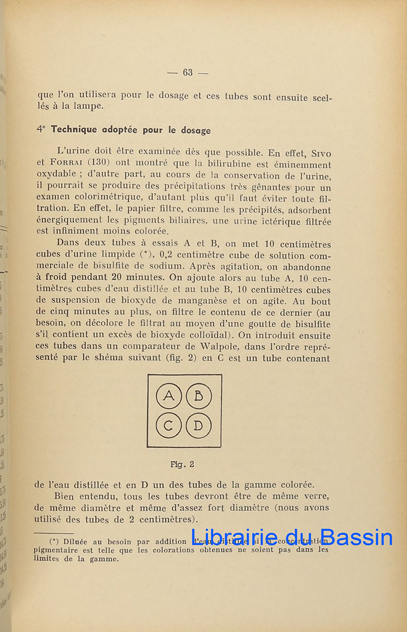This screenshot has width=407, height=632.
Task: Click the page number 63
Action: (x=188, y=73)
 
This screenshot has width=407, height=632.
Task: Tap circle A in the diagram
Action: (x=169, y=396)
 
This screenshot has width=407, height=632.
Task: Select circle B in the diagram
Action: (x=199, y=396)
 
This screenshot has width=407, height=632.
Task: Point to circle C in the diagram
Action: (x=169, y=426)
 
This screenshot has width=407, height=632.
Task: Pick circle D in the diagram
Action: (x=199, y=426)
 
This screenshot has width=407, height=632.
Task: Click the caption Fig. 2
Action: (x=182, y=464)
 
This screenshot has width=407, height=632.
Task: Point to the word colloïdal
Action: (x=203, y=335)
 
